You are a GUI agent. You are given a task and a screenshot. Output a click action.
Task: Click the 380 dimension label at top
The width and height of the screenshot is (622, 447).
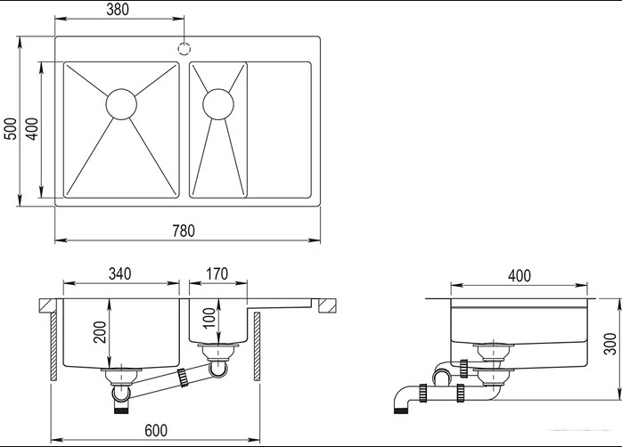coord(118,9)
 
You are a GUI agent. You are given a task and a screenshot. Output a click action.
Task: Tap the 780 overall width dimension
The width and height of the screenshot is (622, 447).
coord(184,231)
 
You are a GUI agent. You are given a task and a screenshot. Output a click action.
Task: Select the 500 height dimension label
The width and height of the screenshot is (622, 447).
coord(11,128)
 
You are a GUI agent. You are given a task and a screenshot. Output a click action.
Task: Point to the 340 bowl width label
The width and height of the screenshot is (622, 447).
coord(119,273)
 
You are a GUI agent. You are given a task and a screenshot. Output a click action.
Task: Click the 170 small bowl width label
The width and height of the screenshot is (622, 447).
coord(217,273)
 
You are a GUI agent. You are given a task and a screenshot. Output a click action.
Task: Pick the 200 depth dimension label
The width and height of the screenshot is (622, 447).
coord(100,332)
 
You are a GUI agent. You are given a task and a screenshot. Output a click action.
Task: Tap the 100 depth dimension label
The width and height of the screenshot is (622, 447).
coord(209,318)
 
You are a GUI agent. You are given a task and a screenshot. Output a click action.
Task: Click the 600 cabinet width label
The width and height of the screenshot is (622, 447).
coord(156,430)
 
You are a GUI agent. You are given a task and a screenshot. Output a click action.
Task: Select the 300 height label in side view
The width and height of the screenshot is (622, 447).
coord(610,344)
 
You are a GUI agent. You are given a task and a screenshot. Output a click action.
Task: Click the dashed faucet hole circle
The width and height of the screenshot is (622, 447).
coord(184,48)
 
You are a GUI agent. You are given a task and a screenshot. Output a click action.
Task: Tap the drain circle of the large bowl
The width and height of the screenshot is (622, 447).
coord(121,104)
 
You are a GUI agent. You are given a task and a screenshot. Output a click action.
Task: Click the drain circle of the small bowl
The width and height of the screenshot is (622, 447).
coord(218,104)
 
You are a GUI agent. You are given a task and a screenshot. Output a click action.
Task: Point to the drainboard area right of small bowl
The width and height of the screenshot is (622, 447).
coord(279,130)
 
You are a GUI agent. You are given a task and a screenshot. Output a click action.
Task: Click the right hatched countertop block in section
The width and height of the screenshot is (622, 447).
coord(328,305)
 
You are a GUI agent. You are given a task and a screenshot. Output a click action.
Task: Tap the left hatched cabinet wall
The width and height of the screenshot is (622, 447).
coord(53,346)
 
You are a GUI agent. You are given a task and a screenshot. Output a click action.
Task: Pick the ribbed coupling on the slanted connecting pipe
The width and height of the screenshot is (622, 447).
coord(183,378)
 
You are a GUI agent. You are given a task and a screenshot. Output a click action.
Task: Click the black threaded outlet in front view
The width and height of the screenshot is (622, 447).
coord(121,409)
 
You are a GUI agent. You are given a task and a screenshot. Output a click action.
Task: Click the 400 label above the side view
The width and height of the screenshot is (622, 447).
coord(519,275)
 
